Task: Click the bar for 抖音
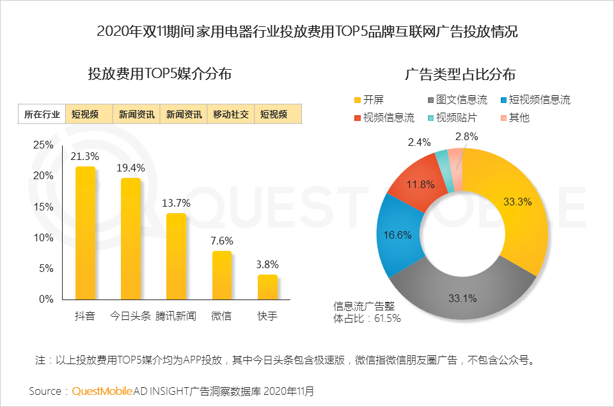(x=85, y=233)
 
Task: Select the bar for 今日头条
(x=130, y=239)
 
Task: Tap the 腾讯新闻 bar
(x=176, y=256)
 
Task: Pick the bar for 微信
(x=221, y=275)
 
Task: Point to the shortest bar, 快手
(x=267, y=287)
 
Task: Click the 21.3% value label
(x=86, y=157)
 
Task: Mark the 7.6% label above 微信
(x=222, y=241)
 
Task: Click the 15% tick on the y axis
(x=43, y=207)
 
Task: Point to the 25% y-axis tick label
(x=43, y=145)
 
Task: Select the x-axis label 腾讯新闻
(x=176, y=316)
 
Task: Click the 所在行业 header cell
(x=42, y=115)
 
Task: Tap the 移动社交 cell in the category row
(x=230, y=115)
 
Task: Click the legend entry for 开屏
(x=368, y=100)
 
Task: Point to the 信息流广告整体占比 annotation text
(x=367, y=312)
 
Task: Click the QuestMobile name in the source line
(x=102, y=390)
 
